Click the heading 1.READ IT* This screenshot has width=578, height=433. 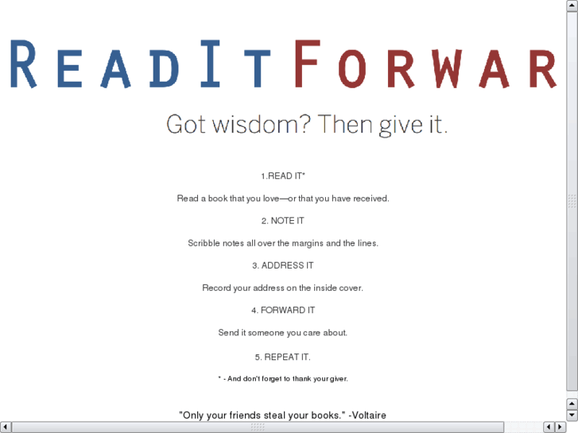[283, 176]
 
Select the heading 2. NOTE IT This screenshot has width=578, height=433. [283, 221]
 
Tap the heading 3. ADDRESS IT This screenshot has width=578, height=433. [283, 265]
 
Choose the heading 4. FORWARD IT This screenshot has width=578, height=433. [283, 310]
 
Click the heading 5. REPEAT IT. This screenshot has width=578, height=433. [283, 357]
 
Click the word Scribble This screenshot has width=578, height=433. [204, 243]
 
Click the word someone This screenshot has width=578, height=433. [265, 332]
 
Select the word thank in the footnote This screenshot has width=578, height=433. [304, 378]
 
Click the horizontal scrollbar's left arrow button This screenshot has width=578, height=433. [6, 427]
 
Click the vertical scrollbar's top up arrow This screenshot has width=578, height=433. [572, 5]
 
